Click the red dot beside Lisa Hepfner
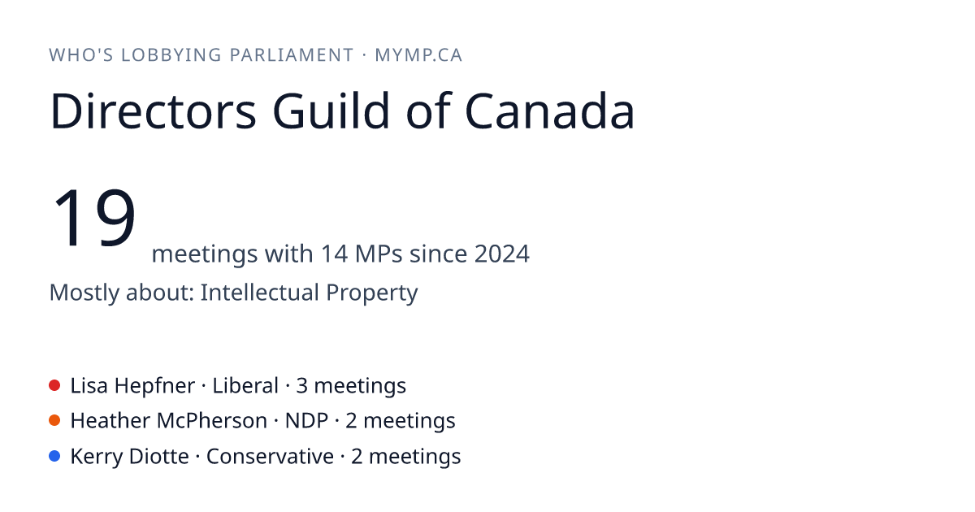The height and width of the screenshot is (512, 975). [x=54, y=385]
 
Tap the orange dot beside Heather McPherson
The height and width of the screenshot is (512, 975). [x=54, y=421]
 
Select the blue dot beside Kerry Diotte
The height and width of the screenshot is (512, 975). [x=54, y=456]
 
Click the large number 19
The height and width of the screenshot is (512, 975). [x=93, y=217]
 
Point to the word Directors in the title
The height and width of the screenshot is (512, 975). [x=154, y=111]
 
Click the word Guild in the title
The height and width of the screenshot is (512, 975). [x=331, y=111]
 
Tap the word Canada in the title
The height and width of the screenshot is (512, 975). [x=550, y=111]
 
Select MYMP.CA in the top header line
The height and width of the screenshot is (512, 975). [x=418, y=55]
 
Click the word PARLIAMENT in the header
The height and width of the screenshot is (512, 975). [x=292, y=55]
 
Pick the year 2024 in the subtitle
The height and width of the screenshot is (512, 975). [x=502, y=254]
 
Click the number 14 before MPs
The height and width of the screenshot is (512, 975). [x=334, y=254]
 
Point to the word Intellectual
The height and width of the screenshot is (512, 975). [x=259, y=292]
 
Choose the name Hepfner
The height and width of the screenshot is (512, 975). [x=154, y=386]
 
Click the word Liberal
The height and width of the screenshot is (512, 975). [x=245, y=386]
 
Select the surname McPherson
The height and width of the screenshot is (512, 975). [x=212, y=421]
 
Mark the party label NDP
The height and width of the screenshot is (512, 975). [x=306, y=421]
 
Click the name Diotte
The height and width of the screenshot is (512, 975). [x=159, y=457]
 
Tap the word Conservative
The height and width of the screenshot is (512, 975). [x=270, y=457]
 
